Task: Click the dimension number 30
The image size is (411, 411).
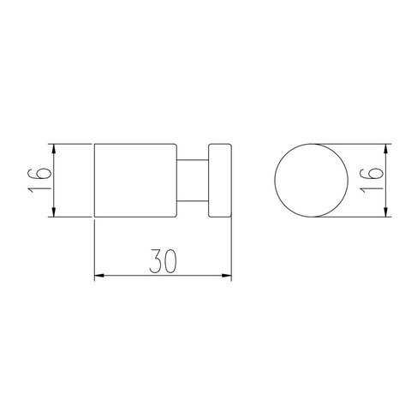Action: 163,261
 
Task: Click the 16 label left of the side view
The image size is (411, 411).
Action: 39,181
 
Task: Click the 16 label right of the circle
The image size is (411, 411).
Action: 371,181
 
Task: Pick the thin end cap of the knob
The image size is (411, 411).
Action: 220,181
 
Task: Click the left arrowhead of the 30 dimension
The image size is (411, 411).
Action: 98,276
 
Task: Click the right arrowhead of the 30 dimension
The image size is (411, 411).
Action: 227,276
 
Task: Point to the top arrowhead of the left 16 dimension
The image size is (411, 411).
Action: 53,148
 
